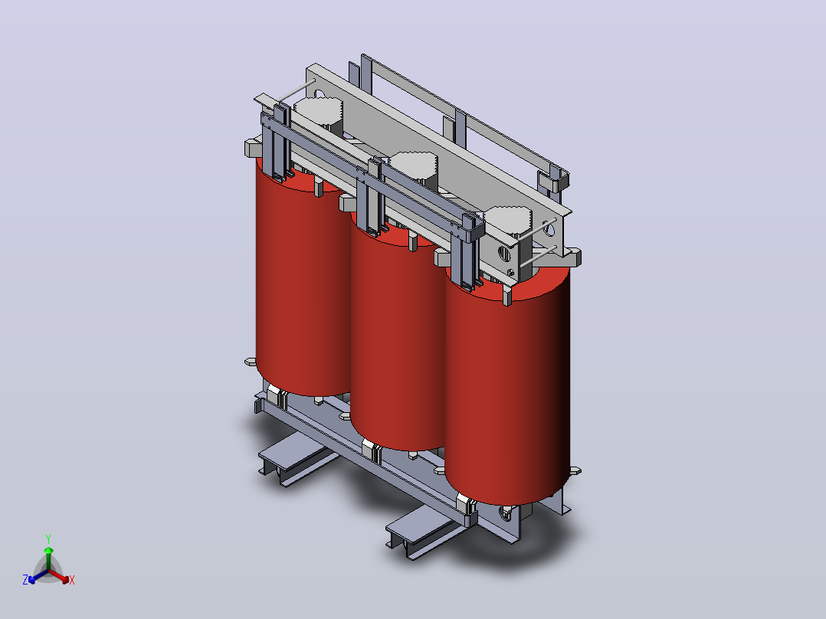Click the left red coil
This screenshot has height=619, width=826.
[303, 284]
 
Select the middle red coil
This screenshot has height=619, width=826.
[398, 337]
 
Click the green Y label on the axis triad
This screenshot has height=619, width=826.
[48, 539]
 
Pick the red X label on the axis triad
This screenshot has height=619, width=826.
[72, 580]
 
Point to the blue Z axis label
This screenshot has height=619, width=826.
[25, 579]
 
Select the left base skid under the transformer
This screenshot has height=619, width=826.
[297, 458]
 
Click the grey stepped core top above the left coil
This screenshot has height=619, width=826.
[318, 113]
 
